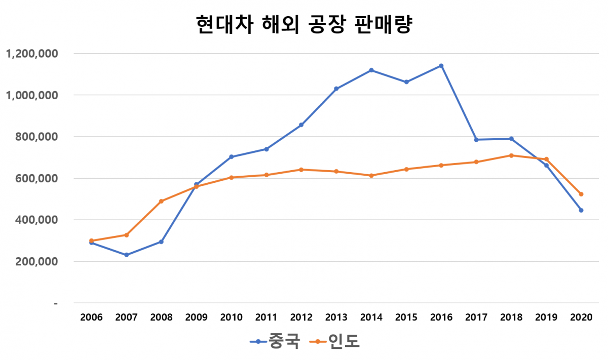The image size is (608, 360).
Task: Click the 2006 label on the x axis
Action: point(92,317)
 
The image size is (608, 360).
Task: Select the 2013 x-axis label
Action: point(336,317)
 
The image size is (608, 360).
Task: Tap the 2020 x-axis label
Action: point(581,317)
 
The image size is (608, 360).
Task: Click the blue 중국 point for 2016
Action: point(441,66)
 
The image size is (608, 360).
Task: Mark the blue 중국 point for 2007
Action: point(127,255)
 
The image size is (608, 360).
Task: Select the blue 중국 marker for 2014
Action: point(371,70)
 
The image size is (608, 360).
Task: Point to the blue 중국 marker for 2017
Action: point(476,140)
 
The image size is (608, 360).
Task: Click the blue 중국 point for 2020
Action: point(581,210)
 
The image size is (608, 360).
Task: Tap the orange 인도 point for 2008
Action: point(162,201)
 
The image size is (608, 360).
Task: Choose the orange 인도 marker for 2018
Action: point(511,155)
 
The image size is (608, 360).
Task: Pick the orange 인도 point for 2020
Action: point(581,194)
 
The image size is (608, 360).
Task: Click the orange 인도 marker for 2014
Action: point(371,176)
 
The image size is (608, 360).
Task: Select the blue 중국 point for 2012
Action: point(301,125)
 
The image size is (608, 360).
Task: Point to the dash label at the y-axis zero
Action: point(56,303)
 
